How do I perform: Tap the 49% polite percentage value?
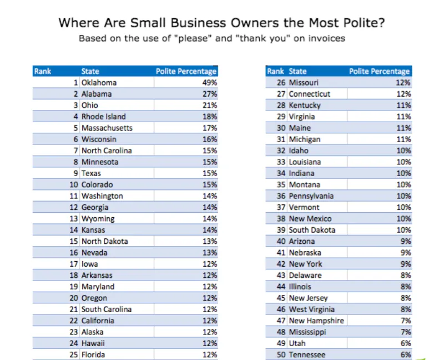click(x=209, y=82)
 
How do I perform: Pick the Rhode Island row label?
click(x=103, y=117)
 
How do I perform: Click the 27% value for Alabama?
click(x=209, y=94)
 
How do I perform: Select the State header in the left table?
click(x=90, y=71)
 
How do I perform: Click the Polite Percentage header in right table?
click(x=379, y=71)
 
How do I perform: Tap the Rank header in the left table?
click(x=42, y=71)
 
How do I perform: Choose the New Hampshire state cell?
click(x=316, y=321)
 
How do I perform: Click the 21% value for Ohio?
click(x=209, y=105)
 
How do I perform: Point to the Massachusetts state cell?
click(x=107, y=128)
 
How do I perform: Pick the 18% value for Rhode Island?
click(x=209, y=117)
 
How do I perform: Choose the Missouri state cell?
click(x=304, y=82)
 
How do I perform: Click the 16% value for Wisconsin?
click(x=209, y=139)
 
